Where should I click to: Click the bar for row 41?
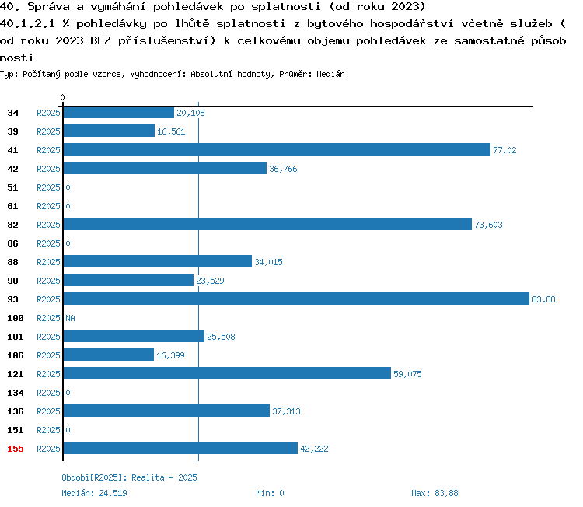[277, 149]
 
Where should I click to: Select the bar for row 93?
[296, 299]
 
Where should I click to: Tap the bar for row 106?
[109, 355]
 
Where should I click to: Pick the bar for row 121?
[227, 373]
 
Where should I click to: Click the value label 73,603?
[488, 225]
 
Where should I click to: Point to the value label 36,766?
[283, 169]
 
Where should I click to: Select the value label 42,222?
[314, 449]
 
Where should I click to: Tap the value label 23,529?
[210, 281]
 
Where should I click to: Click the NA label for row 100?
[70, 318]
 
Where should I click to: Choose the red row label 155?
[16, 449]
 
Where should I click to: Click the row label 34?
[12, 113]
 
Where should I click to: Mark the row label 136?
[16, 411]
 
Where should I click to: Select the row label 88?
[12, 262]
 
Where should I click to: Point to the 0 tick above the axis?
[62, 97]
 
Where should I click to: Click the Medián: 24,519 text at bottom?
[94, 493]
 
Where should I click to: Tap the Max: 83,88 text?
[435, 493]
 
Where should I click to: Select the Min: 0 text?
[270, 493]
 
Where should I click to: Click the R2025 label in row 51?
[48, 187]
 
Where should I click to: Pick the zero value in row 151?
[68, 430]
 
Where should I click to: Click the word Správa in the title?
[48, 7]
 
